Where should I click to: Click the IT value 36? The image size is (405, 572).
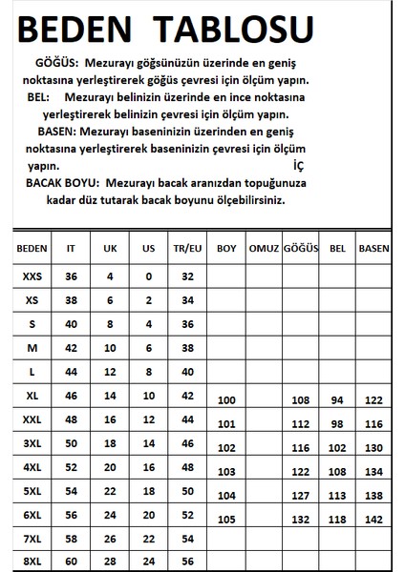point(72,276)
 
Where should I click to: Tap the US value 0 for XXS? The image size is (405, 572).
point(148,276)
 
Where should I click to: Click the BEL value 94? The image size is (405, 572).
point(336,400)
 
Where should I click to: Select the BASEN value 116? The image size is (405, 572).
point(373,423)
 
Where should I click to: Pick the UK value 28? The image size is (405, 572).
point(110,560)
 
